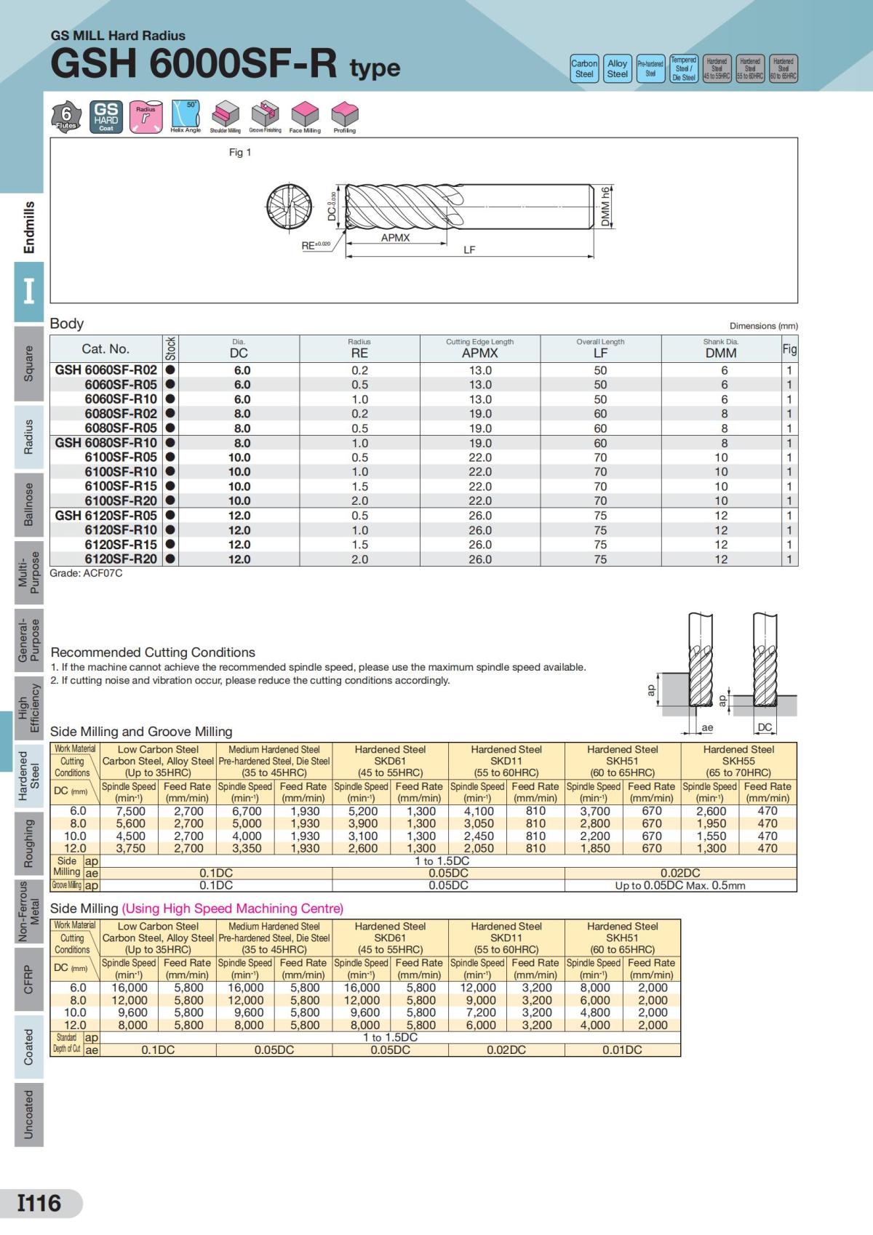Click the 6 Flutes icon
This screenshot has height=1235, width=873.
tap(66, 116)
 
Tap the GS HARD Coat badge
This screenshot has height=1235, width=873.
tap(106, 116)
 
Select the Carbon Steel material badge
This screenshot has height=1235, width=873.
tap(584, 68)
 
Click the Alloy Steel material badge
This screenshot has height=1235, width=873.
tap(617, 68)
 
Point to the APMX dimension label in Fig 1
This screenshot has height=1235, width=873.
tap(395, 238)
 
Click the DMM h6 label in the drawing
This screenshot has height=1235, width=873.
tap(605, 207)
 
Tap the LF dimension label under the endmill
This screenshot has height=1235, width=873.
tap(469, 249)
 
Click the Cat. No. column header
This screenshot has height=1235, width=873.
tap(105, 348)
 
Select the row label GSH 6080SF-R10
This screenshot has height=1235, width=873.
tap(105, 442)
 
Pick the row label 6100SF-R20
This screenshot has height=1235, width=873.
tap(120, 500)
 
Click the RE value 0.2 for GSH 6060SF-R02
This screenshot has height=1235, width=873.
tap(359, 370)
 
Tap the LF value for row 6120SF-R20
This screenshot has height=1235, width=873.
tap(600, 559)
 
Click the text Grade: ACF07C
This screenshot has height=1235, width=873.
tap(86, 573)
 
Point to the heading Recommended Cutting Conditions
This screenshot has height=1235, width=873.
tap(153, 652)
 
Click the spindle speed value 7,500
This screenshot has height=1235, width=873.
tap(130, 811)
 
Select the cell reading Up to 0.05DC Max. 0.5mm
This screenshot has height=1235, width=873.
tap(680, 885)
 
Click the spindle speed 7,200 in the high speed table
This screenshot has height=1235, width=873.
tap(478, 1012)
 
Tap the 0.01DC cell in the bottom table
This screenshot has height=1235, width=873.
tap(622, 1050)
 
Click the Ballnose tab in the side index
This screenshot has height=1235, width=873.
tap(28, 503)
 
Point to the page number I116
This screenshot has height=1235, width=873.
tap(41, 1203)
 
